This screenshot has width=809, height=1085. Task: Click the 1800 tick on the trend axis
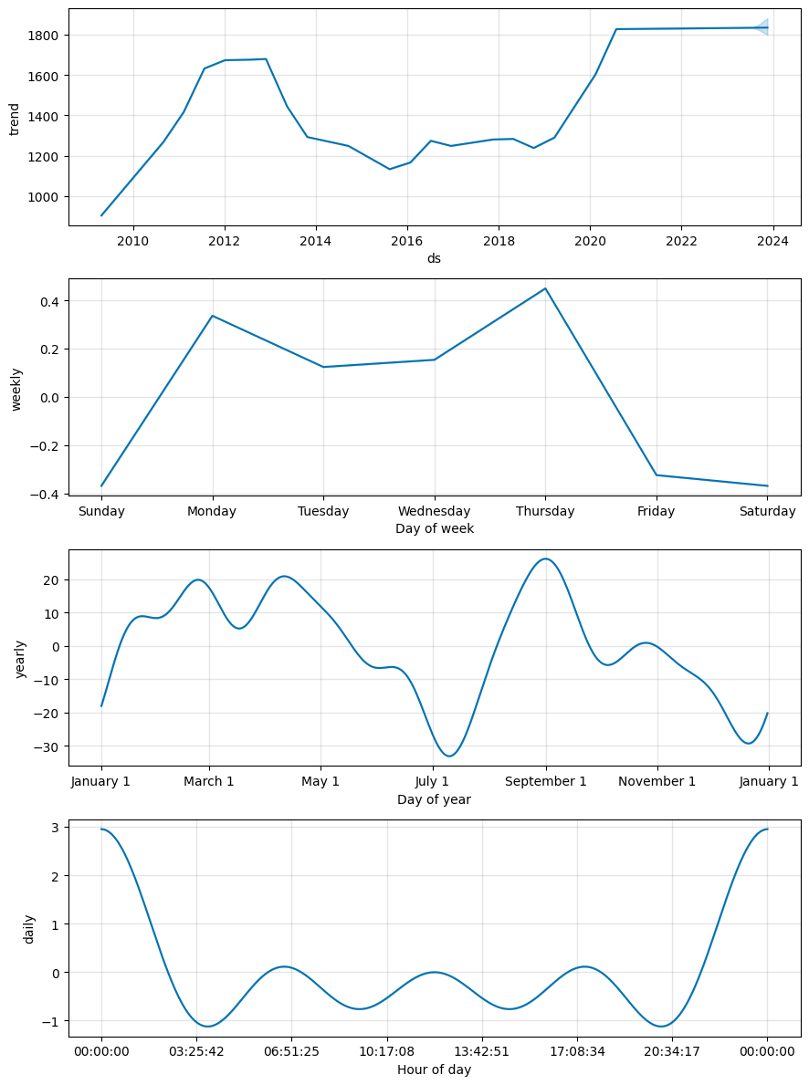[x=46, y=35]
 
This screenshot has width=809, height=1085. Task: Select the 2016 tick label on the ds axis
[x=407, y=242]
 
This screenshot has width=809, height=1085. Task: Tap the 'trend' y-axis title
[x=15, y=118]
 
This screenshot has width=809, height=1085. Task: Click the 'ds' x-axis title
[x=434, y=258]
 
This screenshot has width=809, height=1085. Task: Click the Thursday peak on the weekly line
[x=545, y=288]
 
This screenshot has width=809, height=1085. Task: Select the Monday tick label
[x=212, y=512]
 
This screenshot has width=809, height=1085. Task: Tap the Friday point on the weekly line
[x=657, y=475]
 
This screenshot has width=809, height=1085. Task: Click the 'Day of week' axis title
[x=434, y=528]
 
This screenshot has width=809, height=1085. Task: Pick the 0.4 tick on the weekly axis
[x=49, y=301]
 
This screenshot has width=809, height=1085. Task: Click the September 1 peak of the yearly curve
[x=545, y=558]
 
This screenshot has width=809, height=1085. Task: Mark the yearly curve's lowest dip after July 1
[x=448, y=756]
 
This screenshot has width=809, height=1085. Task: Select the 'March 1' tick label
[x=209, y=782]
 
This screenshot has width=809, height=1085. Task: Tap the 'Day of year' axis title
[x=434, y=798]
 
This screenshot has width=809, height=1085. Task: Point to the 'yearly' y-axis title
[x=20, y=658]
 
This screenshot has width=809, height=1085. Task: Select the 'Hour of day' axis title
[x=434, y=1069]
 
